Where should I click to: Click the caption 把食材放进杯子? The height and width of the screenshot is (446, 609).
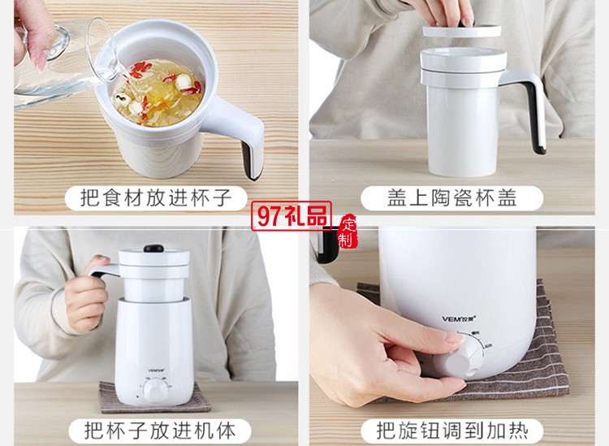[x=152, y=197]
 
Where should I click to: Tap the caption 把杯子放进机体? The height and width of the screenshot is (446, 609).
[x=153, y=429]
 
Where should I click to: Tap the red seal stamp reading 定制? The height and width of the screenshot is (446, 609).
[x=347, y=231]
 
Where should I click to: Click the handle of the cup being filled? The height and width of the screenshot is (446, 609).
[x=248, y=142]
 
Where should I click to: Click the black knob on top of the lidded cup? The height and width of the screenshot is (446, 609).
[x=152, y=249]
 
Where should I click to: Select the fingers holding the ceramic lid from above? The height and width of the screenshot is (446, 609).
[x=443, y=12]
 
